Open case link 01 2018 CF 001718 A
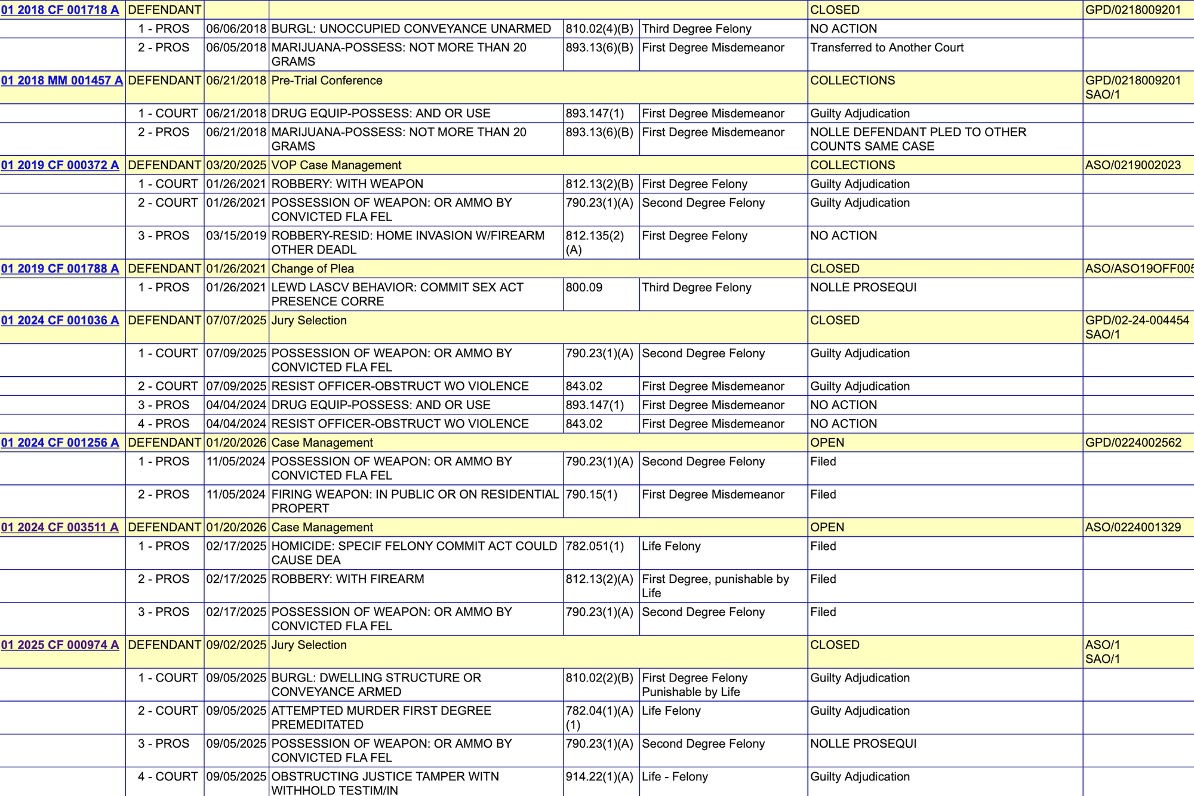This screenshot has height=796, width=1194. point(60,10)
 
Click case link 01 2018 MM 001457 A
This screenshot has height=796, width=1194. point(61,81)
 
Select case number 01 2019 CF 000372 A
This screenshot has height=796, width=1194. point(60,165)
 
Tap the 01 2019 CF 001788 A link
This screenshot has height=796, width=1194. point(60,269)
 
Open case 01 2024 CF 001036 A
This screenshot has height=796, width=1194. point(60,321)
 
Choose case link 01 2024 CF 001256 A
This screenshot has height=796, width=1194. point(60,443)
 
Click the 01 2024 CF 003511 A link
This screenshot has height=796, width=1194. point(60,528)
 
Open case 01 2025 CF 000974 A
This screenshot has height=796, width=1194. point(60,646)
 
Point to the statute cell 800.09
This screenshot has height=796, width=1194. point(584,288)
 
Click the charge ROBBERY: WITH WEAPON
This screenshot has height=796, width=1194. point(347,185)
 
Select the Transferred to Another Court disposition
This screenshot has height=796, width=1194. point(887,48)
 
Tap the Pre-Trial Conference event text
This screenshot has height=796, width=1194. point(327,81)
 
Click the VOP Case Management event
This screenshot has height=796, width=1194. point(336,165)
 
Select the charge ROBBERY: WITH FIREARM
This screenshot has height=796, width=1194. point(347,579)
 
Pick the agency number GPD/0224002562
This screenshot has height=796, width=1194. point(1133,443)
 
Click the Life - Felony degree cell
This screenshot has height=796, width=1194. point(675,777)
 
